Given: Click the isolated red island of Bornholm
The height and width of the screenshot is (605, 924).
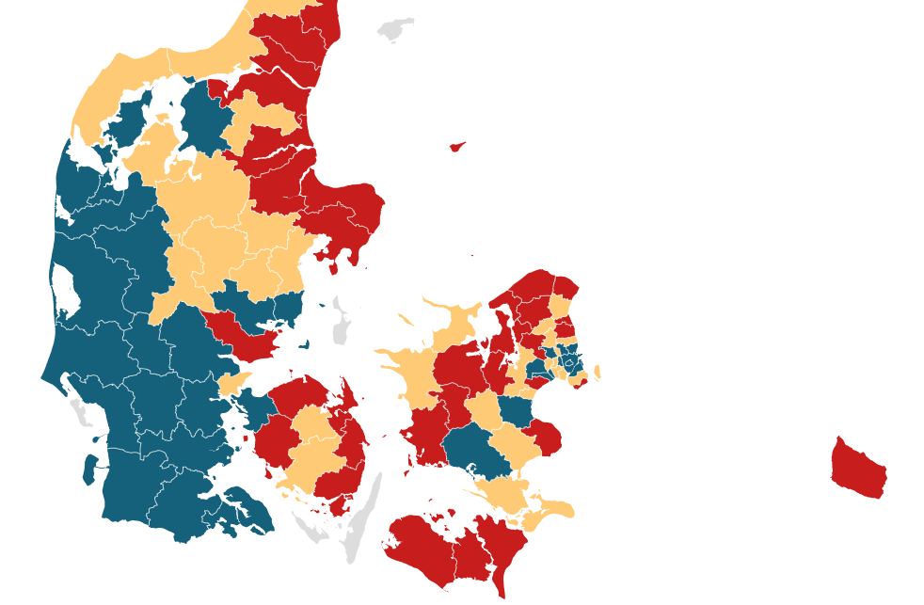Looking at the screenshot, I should pos(858,468).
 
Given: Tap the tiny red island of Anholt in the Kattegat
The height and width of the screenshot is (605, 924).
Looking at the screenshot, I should pos(457,147).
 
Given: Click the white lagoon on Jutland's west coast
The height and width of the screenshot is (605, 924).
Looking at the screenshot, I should pos(64,287).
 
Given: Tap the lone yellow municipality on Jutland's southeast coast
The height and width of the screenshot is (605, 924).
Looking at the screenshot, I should pos(233,384).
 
